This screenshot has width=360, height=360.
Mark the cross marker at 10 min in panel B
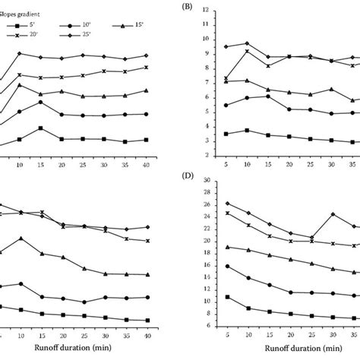point(247,51)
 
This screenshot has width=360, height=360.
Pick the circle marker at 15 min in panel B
point(268,96)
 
